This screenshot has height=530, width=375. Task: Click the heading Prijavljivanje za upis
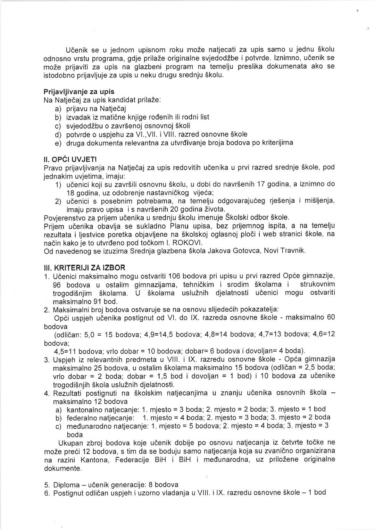(x=79, y=92)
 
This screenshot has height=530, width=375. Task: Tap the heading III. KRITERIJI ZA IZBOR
(x=84, y=268)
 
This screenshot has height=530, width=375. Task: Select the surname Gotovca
(x=248, y=251)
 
